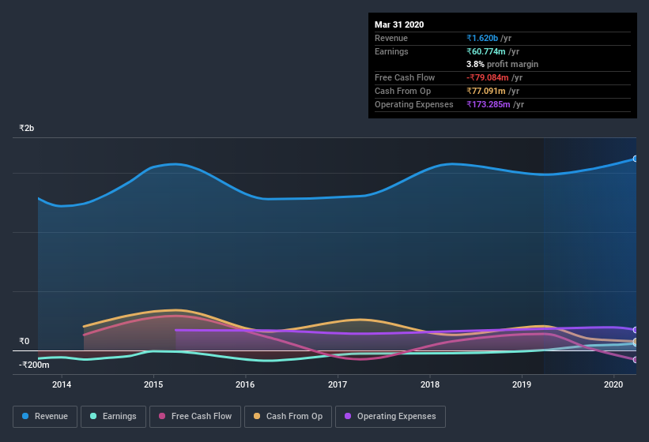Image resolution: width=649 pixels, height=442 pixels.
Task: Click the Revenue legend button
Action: (x=45, y=416)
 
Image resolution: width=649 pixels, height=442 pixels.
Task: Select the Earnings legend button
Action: (x=113, y=416)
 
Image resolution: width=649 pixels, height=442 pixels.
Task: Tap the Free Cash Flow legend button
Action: (x=195, y=416)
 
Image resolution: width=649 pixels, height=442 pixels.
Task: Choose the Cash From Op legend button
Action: (x=288, y=416)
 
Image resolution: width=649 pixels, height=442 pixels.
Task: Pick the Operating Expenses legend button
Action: (x=390, y=416)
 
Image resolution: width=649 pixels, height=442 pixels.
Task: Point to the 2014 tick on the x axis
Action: (x=62, y=384)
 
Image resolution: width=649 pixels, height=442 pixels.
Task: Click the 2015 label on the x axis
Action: (x=153, y=384)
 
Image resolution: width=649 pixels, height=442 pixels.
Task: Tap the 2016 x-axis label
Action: (x=246, y=384)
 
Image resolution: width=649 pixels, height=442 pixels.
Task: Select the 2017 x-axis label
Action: (x=338, y=384)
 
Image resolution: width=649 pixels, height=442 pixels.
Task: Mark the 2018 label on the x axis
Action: (x=430, y=384)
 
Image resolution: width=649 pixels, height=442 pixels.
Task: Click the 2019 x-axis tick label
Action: (x=522, y=384)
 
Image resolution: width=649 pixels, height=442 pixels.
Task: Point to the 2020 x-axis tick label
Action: (x=614, y=384)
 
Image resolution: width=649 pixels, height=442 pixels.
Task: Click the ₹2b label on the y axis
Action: (x=27, y=128)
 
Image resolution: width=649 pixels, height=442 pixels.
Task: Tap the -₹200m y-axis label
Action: (x=35, y=365)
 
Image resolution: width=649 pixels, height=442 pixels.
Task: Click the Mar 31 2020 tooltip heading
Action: (x=399, y=24)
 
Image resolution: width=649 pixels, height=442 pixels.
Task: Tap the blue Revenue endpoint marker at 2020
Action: (x=636, y=159)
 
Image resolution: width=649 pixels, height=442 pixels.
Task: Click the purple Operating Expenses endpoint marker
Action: (x=636, y=330)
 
